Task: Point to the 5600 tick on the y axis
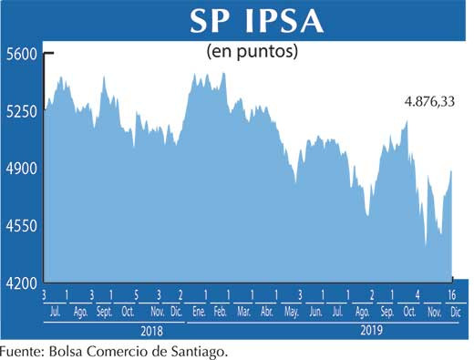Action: (x=20, y=55)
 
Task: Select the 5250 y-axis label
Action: (x=20, y=112)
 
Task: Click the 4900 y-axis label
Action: (x=20, y=169)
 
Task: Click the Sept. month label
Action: (x=104, y=312)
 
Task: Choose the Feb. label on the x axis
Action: (x=221, y=312)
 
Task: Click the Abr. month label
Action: (x=267, y=312)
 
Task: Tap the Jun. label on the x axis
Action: (x=315, y=312)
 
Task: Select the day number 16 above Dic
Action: (x=451, y=295)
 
